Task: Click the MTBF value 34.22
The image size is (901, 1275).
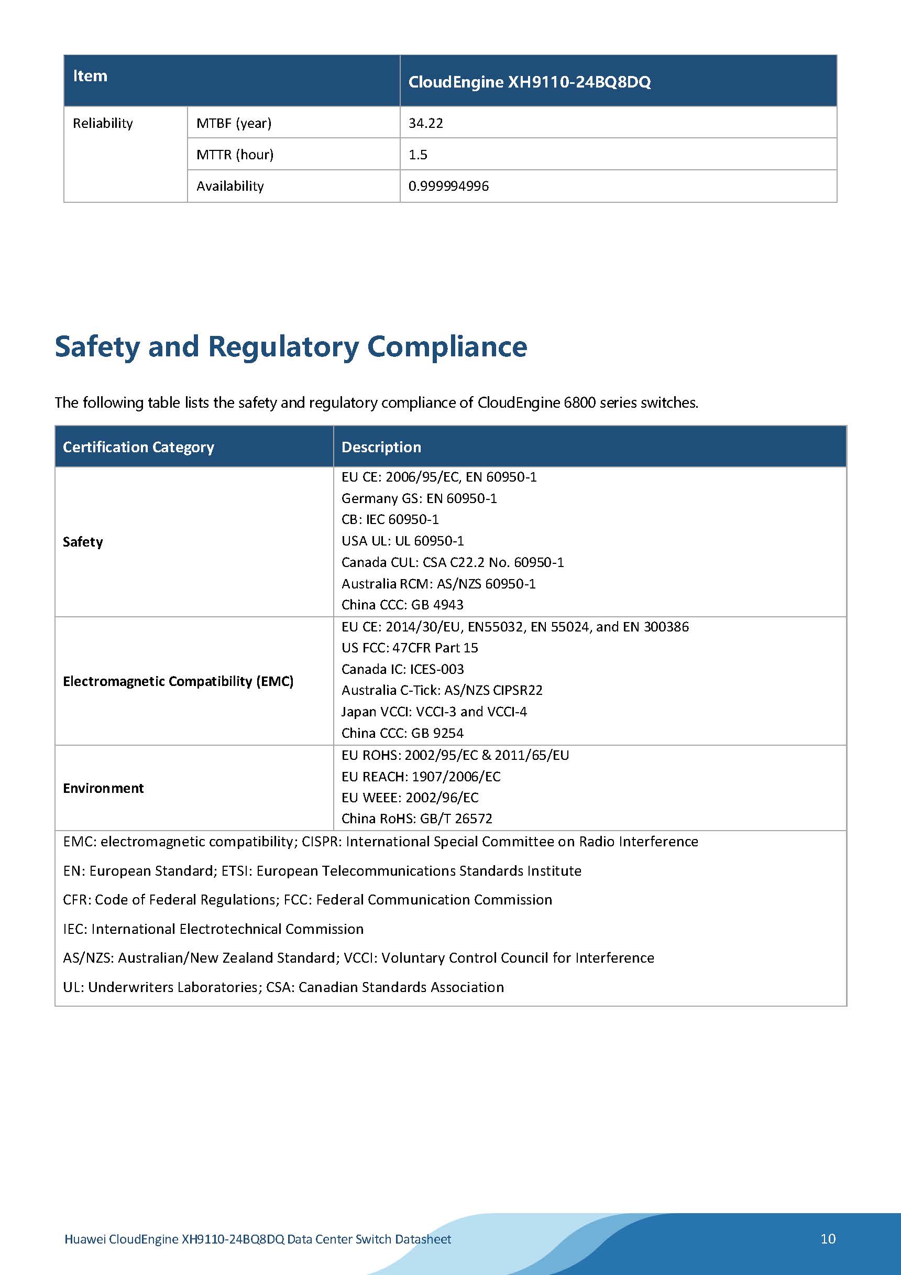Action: click(426, 123)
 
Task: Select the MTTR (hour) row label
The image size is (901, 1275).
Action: click(235, 155)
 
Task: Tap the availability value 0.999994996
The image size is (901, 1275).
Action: click(448, 186)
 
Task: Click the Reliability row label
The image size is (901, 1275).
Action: click(103, 123)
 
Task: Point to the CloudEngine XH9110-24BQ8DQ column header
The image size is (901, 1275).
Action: click(529, 82)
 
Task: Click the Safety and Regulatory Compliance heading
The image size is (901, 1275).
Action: click(291, 346)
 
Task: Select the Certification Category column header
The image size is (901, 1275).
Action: click(138, 447)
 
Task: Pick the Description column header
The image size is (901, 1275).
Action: click(381, 447)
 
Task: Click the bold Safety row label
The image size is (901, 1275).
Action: click(83, 542)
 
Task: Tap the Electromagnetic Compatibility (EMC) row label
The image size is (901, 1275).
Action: click(178, 681)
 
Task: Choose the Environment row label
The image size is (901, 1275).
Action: click(103, 788)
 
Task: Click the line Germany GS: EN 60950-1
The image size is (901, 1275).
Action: click(419, 498)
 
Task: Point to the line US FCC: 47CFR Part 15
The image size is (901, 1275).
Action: click(410, 648)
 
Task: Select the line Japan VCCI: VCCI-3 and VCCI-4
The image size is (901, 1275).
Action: click(434, 711)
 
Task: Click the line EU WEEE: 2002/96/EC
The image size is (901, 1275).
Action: click(410, 798)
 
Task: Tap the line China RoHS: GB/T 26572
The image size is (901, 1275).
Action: click(416, 819)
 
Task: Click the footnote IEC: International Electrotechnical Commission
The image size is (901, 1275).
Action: click(213, 929)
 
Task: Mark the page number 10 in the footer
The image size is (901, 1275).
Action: click(828, 1239)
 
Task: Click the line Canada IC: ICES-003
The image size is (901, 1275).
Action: click(402, 669)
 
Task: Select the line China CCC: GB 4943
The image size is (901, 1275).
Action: click(402, 605)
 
